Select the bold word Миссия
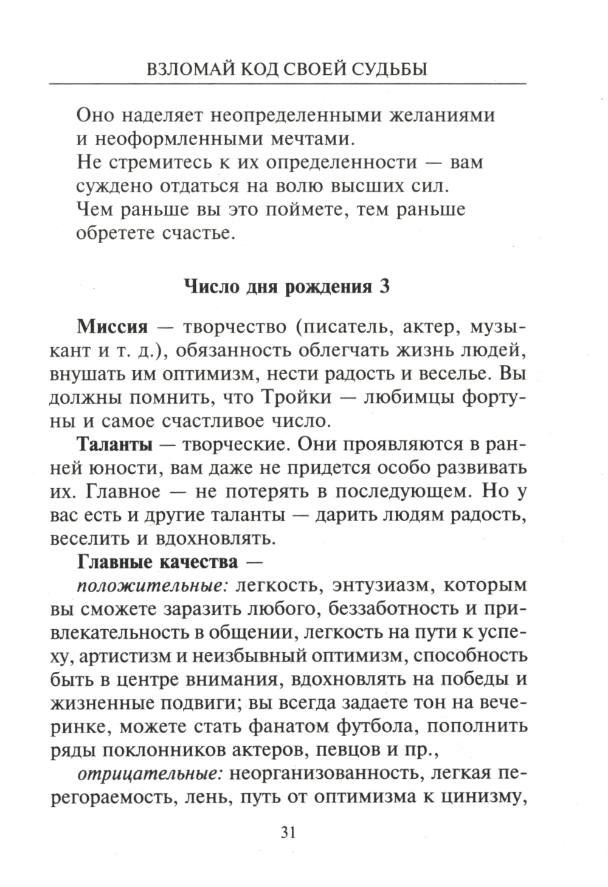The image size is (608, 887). [112, 326]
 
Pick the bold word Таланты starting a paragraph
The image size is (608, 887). [114, 444]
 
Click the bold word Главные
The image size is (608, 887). [116, 562]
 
